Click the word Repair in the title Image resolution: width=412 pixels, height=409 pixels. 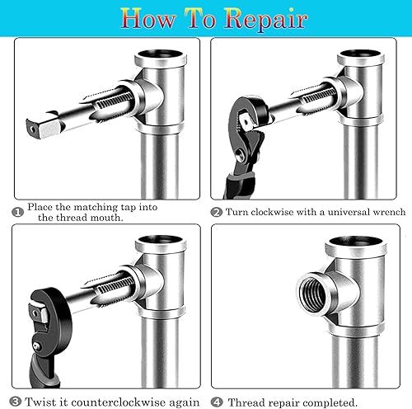pos(266,18)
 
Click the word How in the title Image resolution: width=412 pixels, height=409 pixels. pos(148,18)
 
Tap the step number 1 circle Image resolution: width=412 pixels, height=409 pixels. pos(18,212)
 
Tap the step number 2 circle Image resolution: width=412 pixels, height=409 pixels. pos(217,212)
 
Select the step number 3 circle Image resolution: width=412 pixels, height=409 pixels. pos(15,402)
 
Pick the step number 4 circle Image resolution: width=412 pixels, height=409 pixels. pos(217,402)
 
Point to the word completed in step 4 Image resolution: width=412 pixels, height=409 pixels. pos(330,402)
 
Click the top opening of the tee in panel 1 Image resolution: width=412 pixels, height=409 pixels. pos(161,54)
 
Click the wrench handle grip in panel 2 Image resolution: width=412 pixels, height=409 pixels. pos(238,183)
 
